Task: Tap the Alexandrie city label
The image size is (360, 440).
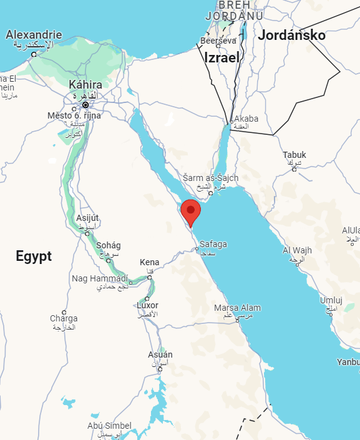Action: click(x=34, y=35)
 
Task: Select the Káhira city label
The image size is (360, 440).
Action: click(x=85, y=84)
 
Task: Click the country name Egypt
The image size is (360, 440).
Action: click(x=34, y=256)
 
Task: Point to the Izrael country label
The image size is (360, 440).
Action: click(x=221, y=57)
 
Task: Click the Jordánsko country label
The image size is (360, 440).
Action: click(x=292, y=35)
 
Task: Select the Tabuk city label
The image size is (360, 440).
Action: click(x=294, y=155)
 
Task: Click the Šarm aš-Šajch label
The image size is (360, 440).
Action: click(x=210, y=178)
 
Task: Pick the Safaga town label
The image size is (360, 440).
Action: click(x=213, y=244)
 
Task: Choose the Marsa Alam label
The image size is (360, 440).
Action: click(x=237, y=308)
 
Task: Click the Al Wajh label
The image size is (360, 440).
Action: click(x=297, y=250)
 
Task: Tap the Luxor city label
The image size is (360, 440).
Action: click(x=148, y=306)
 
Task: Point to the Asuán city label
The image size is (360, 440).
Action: click(x=160, y=354)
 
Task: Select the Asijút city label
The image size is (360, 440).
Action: click(x=87, y=218)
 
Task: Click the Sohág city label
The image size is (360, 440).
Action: click(x=109, y=245)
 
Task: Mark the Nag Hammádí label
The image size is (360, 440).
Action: click(x=100, y=278)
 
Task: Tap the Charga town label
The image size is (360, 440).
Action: click(x=64, y=318)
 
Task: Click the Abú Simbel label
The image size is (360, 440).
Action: click(x=109, y=426)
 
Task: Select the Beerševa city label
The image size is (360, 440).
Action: click(x=218, y=41)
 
